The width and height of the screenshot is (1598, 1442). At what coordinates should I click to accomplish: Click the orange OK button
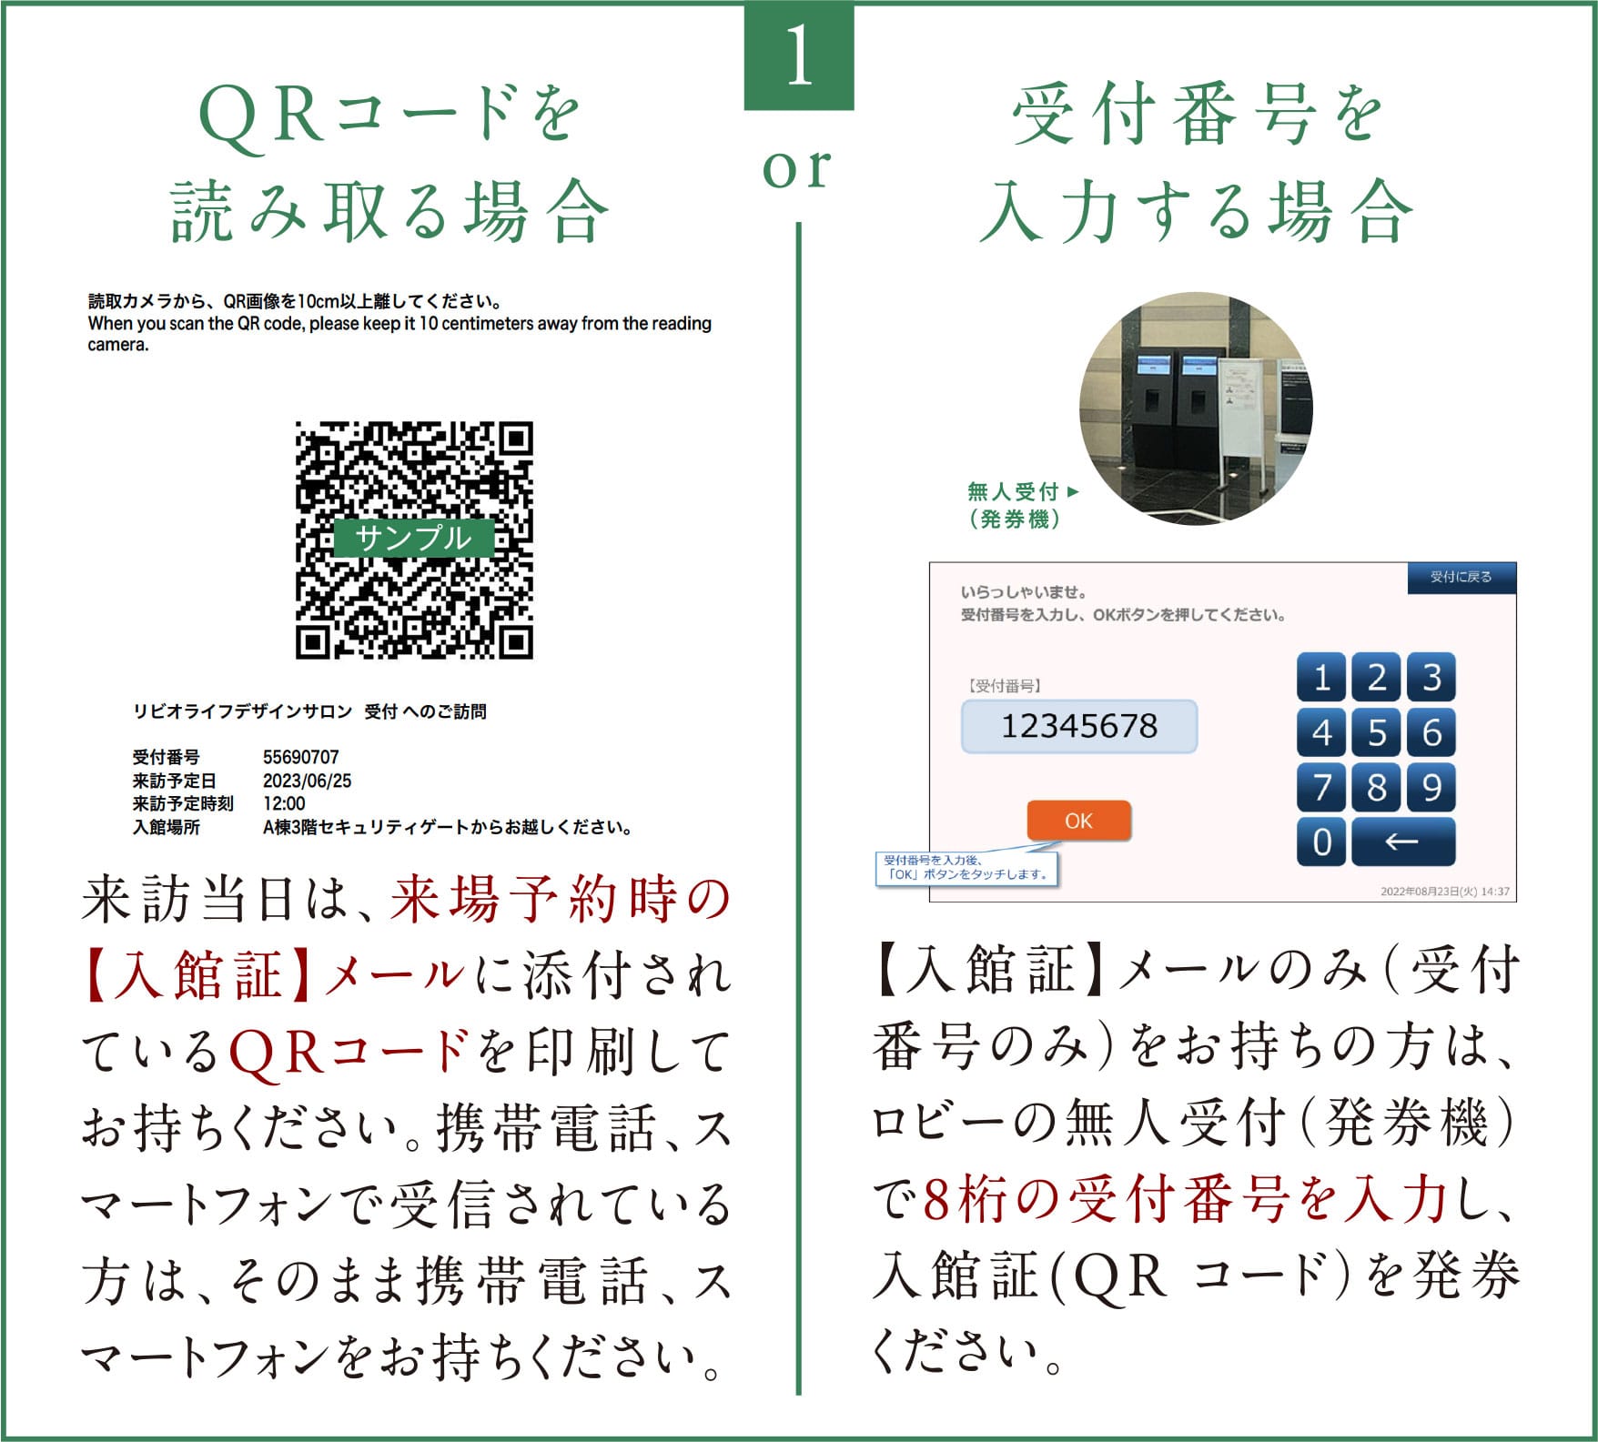(x=1078, y=821)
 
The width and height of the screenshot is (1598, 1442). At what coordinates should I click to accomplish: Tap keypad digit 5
(x=1376, y=732)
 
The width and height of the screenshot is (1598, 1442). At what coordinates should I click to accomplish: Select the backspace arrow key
(x=1402, y=842)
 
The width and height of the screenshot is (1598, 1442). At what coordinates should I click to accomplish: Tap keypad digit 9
(x=1431, y=787)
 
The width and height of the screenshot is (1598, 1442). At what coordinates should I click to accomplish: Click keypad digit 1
(x=1321, y=678)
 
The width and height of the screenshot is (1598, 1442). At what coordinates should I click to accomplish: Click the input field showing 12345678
(x=1079, y=726)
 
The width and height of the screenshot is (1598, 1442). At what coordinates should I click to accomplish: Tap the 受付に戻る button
(x=1461, y=578)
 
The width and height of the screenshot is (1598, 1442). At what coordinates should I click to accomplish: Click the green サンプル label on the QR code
(x=414, y=538)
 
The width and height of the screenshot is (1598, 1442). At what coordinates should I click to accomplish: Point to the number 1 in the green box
(x=799, y=55)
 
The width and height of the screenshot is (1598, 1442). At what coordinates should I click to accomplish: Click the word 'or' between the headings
(x=797, y=169)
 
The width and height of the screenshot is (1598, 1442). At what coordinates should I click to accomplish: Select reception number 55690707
(x=300, y=757)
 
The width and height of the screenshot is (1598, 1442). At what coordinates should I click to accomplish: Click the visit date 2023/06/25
(x=307, y=781)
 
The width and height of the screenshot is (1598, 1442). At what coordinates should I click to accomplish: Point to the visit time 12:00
(x=284, y=804)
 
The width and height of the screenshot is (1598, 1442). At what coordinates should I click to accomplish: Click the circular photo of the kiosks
(x=1196, y=408)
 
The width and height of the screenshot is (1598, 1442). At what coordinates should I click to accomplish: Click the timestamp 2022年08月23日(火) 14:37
(x=1444, y=892)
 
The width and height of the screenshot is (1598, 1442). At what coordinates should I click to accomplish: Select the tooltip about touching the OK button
(x=967, y=867)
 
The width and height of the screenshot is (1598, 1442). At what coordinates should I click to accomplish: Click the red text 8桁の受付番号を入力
(x=1185, y=1200)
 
